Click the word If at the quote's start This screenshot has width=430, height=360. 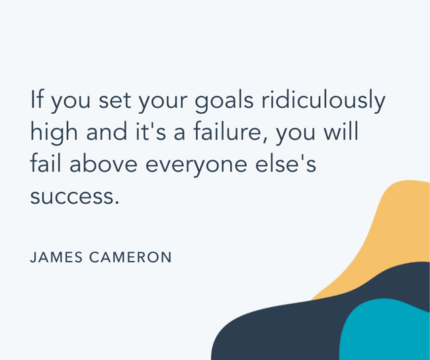pos(36,100)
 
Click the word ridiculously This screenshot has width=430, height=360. pos(323,101)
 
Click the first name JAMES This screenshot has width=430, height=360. pos(55,257)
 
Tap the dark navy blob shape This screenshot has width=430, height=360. pos(278,331)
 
